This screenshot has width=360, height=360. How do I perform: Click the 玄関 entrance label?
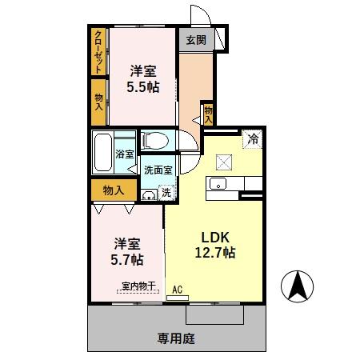coord(196,39)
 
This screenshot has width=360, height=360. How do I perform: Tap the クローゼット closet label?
coord(98,51)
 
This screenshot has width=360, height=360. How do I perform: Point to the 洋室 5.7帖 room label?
coord(126,251)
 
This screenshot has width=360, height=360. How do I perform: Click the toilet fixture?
coord(157,141)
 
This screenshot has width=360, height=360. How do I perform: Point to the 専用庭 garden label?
coord(176,338)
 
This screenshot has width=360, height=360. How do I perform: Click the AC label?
coord(178,290)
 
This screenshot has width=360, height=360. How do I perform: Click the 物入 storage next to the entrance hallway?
coord(208,113)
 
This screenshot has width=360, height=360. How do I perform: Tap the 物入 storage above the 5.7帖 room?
coord(113,190)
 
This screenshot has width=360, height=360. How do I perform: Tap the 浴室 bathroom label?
coord(124,153)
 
